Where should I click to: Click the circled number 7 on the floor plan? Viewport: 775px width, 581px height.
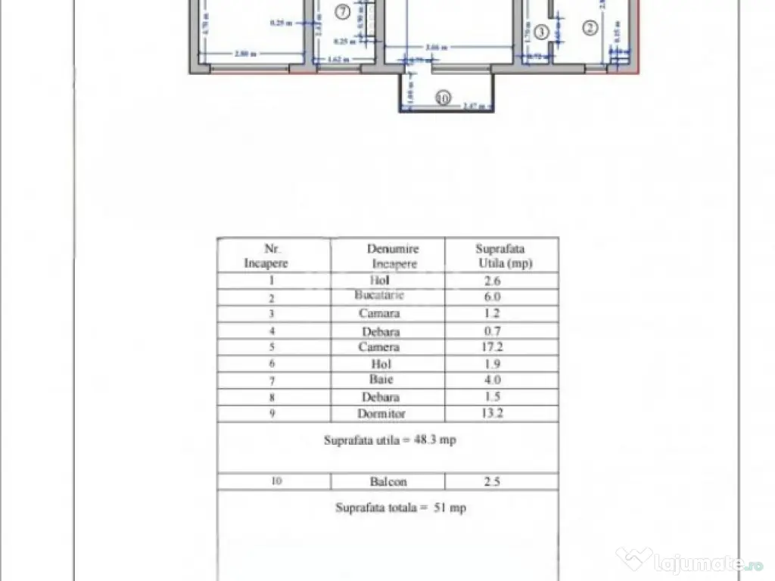[343, 12]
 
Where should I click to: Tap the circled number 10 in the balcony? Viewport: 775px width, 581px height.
[444, 97]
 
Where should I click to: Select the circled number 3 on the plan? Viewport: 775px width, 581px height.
[540, 32]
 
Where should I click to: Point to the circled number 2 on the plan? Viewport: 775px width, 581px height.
[590, 28]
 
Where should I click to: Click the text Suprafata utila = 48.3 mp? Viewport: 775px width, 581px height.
[390, 440]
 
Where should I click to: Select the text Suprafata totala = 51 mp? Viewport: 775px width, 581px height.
[400, 508]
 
